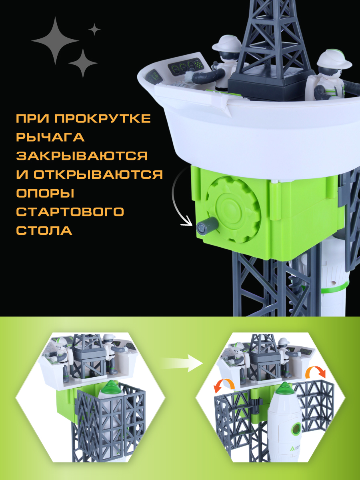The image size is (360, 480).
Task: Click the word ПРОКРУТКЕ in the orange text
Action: click(x=102, y=118)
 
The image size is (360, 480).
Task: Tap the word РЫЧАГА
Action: click(x=50, y=137)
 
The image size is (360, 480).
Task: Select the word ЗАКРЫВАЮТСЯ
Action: click(x=82, y=156)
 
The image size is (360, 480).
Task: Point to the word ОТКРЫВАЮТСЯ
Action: click(x=98, y=174)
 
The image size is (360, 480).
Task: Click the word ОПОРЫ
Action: click(x=45, y=193)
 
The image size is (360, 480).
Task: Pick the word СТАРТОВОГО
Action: click(x=70, y=212)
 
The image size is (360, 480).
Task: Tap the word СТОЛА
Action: click(x=44, y=230)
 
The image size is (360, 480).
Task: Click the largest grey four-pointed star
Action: click(x=55, y=41)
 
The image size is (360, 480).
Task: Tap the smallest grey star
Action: click(x=94, y=29)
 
